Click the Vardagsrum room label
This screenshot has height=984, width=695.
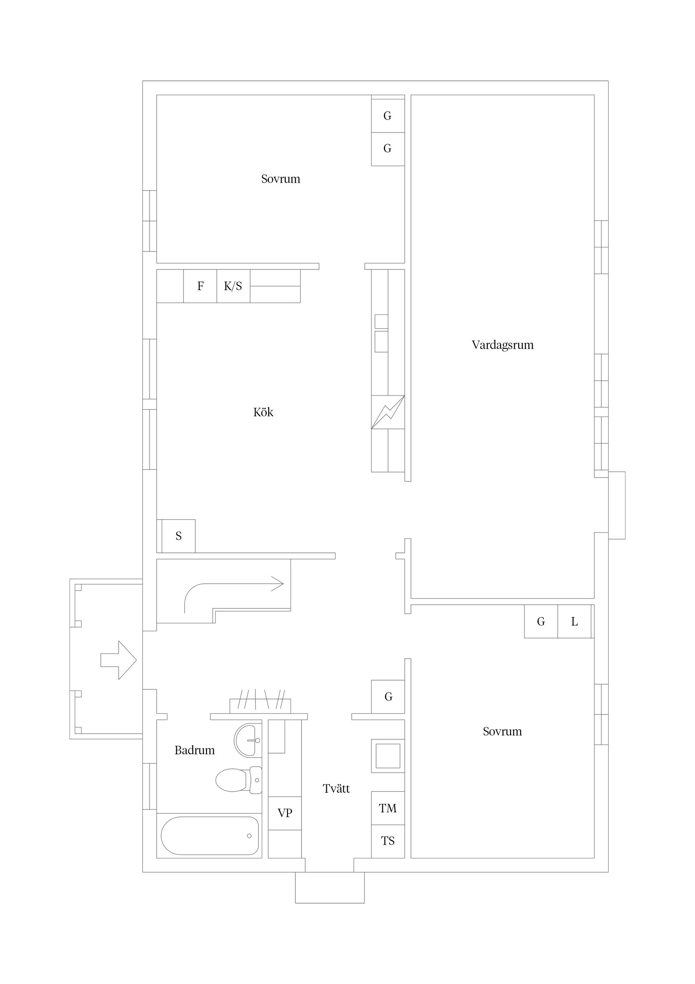[x=502, y=345]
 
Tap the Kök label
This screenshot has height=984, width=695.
[x=263, y=412]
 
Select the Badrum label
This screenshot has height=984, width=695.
[x=194, y=750]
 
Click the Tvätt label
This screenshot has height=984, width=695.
[x=336, y=789]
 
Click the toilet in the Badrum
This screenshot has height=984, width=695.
[x=238, y=780]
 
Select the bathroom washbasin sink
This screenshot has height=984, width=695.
[x=247, y=740]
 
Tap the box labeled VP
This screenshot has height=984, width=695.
[x=285, y=813]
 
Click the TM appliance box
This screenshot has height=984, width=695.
[x=388, y=808]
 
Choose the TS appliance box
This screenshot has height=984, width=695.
[x=388, y=841]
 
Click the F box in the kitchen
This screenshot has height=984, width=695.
[x=200, y=286]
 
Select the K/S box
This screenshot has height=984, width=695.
[x=233, y=286]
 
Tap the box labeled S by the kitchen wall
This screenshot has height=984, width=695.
[x=178, y=536]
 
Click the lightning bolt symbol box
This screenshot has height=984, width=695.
[x=388, y=412]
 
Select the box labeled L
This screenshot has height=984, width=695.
[x=574, y=621]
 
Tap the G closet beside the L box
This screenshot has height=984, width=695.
[x=541, y=621]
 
